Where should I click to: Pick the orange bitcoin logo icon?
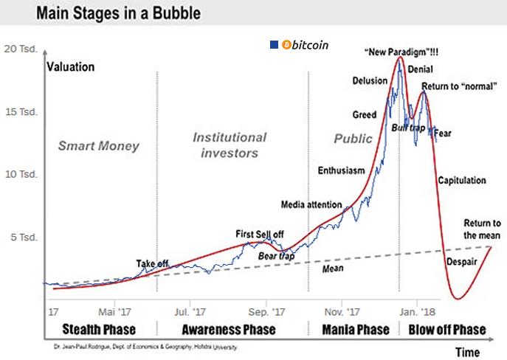(x=287, y=44)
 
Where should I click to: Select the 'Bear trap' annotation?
(x=276, y=255)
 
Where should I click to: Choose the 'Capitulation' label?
(x=462, y=180)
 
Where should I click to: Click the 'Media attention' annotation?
(x=311, y=204)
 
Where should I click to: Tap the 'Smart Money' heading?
(x=98, y=145)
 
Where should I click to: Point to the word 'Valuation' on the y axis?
(x=71, y=67)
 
